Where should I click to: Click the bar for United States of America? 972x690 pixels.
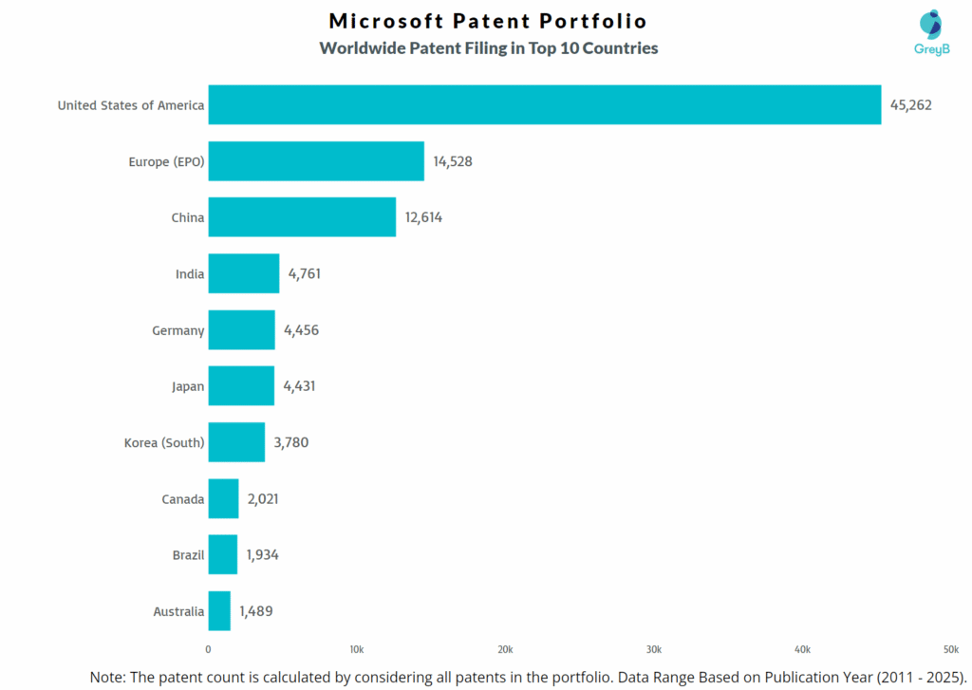pyautogui.click(x=545, y=104)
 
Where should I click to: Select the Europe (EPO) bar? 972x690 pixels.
pyautogui.click(x=316, y=161)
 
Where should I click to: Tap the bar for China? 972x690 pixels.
pyautogui.click(x=302, y=217)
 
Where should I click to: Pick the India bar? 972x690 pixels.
pyautogui.click(x=244, y=273)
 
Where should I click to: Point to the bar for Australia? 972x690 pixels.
pyautogui.click(x=219, y=611)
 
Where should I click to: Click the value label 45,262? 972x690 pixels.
pyautogui.click(x=910, y=105)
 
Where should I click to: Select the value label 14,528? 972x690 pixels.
pyautogui.click(x=453, y=161)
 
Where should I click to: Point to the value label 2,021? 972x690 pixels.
pyautogui.click(x=262, y=499)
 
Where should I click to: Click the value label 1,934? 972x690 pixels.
pyautogui.click(x=262, y=555)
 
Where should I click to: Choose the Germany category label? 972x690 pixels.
pyautogui.click(x=178, y=330)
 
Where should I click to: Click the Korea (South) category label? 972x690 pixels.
pyautogui.click(x=164, y=442)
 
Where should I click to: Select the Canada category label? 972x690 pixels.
pyautogui.click(x=182, y=499)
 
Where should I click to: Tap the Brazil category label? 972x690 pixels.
pyautogui.click(x=188, y=555)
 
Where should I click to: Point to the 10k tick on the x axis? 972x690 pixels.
pyautogui.click(x=357, y=649)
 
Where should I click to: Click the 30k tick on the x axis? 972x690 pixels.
pyautogui.click(x=654, y=649)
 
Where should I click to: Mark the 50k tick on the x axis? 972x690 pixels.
pyautogui.click(x=950, y=649)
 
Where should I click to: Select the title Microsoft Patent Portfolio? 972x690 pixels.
pyautogui.click(x=488, y=21)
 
